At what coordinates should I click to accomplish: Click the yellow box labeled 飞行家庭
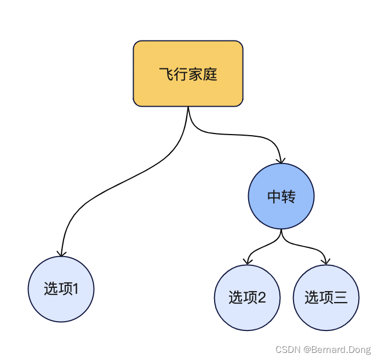pyautogui.click(x=188, y=73)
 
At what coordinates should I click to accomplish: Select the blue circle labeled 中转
pyautogui.click(x=281, y=196)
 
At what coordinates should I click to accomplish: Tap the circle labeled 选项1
pyautogui.click(x=61, y=289)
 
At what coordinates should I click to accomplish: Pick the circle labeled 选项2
pyautogui.click(x=247, y=298)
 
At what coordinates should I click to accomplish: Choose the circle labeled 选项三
pyautogui.click(x=326, y=298)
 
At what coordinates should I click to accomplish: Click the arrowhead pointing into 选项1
pyautogui.click(x=62, y=252)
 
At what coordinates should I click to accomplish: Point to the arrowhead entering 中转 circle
pyautogui.click(x=281, y=160)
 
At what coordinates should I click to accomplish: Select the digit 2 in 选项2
pyautogui.click(x=261, y=298)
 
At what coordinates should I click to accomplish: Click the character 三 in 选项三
pyautogui.click(x=340, y=298)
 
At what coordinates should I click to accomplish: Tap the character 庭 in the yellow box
pyautogui.click(x=210, y=74)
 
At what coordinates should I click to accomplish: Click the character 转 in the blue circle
pyautogui.click(x=289, y=197)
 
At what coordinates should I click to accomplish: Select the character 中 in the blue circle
pyautogui.click(x=274, y=197)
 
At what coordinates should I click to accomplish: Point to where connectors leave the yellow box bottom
pyautogui.click(x=188, y=108)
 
